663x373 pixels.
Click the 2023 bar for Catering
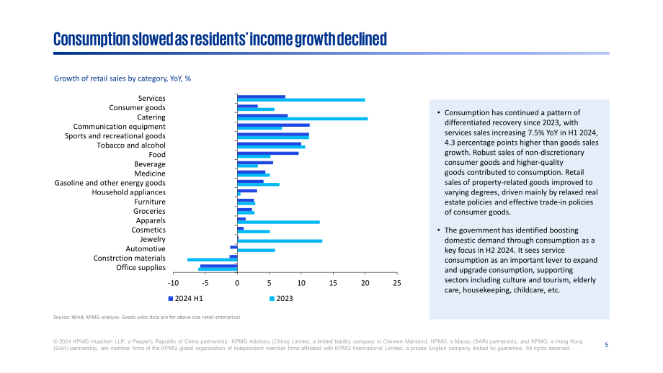coord(303,119)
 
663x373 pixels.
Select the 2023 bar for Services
coord(301,100)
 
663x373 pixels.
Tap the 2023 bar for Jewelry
coord(280,241)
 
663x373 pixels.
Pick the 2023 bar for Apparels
coord(279,223)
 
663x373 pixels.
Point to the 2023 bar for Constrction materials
coord(213,260)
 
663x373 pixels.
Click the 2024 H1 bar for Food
coord(268,153)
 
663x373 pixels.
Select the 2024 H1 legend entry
coord(186,299)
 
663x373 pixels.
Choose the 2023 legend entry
coord(281,299)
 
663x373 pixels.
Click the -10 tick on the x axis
coord(174,283)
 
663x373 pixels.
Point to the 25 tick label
coord(396,283)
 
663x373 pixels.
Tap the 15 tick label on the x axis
coord(333,283)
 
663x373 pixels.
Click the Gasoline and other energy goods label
coord(110,183)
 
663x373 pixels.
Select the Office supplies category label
coord(141,267)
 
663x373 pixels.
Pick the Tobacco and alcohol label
coord(131,145)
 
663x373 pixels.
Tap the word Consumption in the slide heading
coord(92,40)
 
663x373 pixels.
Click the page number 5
coord(606,345)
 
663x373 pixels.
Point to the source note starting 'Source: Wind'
coord(147,318)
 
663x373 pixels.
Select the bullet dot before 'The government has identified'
coord(438,230)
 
